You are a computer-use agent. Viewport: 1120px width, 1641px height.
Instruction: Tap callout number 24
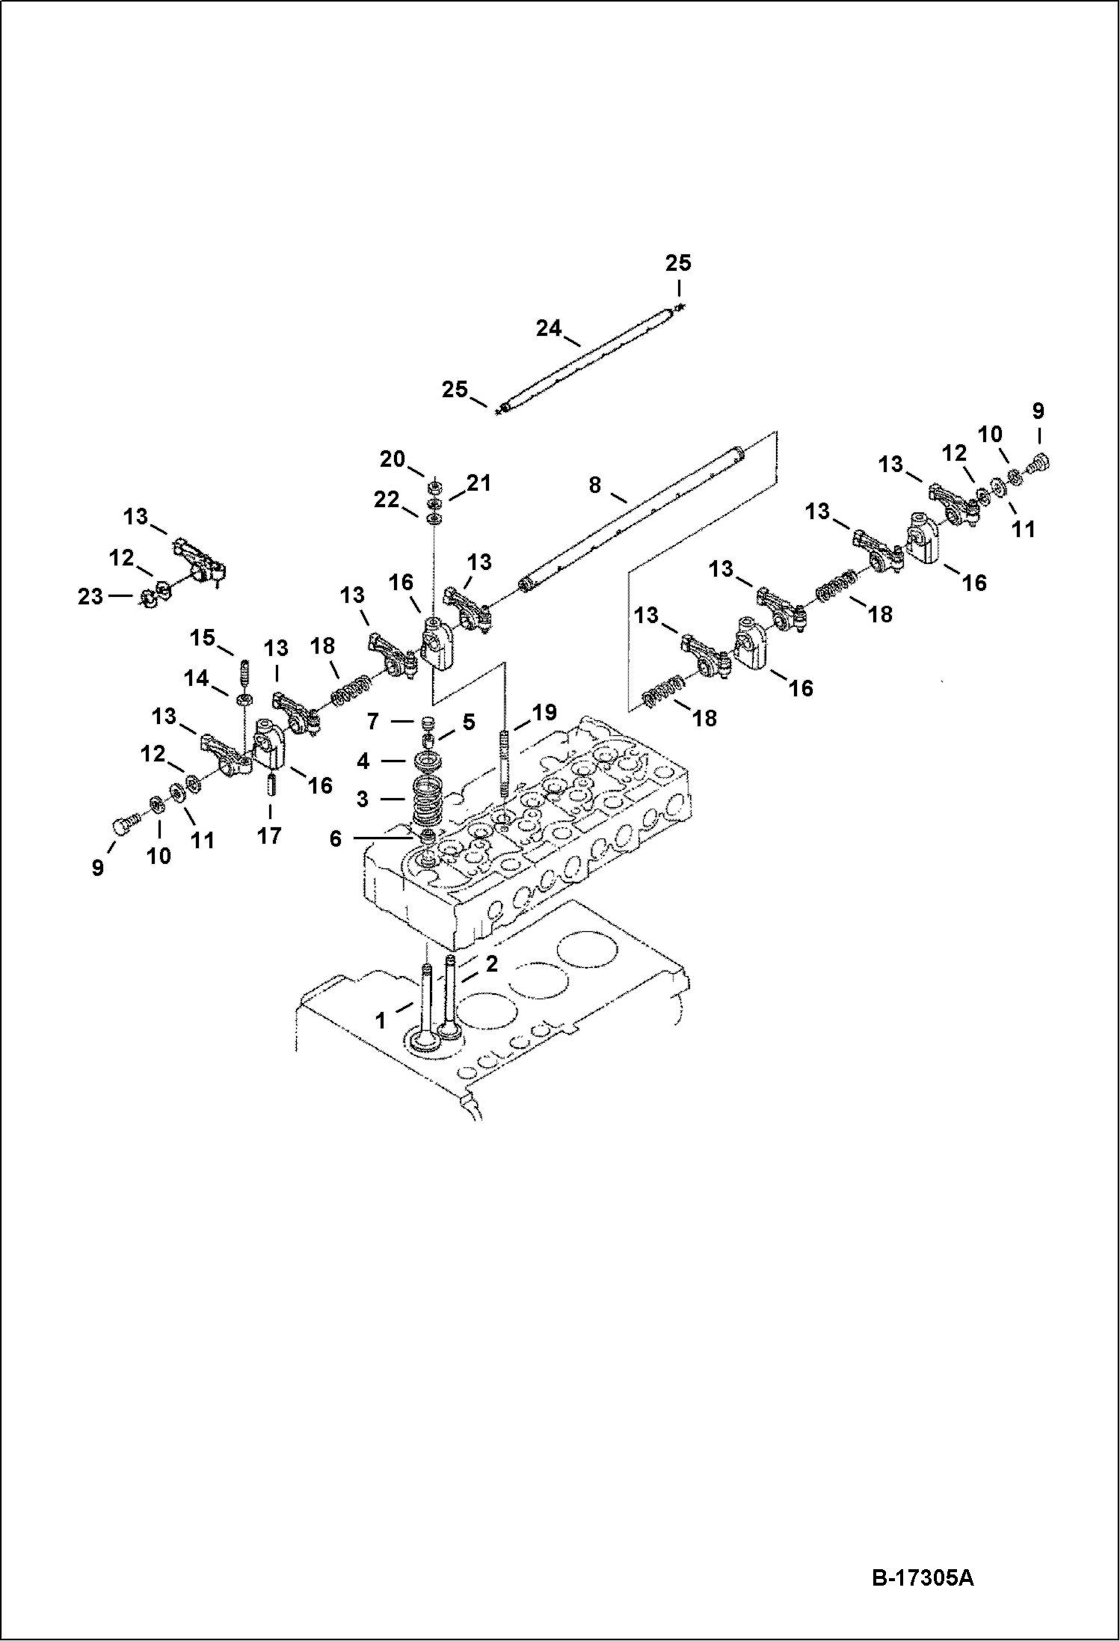(548, 328)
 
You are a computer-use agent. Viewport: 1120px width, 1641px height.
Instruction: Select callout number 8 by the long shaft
(594, 485)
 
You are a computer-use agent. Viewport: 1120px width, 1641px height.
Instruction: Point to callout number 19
(544, 712)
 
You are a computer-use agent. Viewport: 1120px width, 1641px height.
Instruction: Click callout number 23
(90, 596)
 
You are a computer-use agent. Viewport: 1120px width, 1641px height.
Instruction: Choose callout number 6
(335, 838)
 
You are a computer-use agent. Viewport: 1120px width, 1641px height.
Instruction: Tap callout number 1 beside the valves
(381, 1020)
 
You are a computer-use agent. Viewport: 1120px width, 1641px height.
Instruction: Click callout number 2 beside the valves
(491, 964)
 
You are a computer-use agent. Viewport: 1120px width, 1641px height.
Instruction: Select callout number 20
(392, 459)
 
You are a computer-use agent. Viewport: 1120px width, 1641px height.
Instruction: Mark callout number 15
(202, 638)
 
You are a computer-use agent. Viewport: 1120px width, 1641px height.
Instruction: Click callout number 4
(363, 761)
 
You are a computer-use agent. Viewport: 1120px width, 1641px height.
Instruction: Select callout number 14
(197, 678)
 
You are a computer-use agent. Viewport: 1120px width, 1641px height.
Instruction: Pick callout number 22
(387, 499)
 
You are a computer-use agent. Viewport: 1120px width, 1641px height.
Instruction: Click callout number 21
(479, 483)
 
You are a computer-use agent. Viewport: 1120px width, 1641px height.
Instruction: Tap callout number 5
(468, 722)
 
